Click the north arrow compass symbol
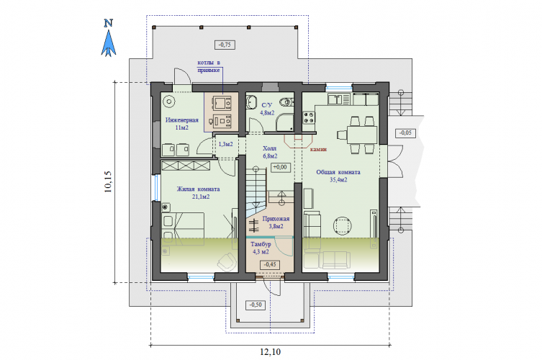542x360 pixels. click(x=109, y=38)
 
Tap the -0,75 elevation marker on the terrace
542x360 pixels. click(x=225, y=45)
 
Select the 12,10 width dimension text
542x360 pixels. click(x=271, y=351)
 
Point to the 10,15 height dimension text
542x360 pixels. click(x=108, y=181)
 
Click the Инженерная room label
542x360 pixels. click(x=182, y=120)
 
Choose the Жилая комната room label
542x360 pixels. click(x=199, y=189)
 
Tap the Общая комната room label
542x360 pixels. click(x=338, y=172)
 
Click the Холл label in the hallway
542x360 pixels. click(x=270, y=148)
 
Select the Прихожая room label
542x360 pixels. click(x=276, y=219)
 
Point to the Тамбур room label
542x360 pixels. click(x=261, y=244)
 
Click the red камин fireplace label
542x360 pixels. click(x=318, y=149)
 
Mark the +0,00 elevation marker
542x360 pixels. click(x=280, y=167)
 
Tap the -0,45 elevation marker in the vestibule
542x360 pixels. click(x=270, y=264)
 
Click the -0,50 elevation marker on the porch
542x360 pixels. click(x=256, y=305)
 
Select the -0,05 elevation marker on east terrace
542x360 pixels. click(x=405, y=132)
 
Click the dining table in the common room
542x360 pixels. click(x=362, y=135)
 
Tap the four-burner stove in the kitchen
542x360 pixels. click(x=309, y=117)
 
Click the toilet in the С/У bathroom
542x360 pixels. click(x=286, y=102)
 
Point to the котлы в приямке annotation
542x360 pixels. click(x=209, y=66)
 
